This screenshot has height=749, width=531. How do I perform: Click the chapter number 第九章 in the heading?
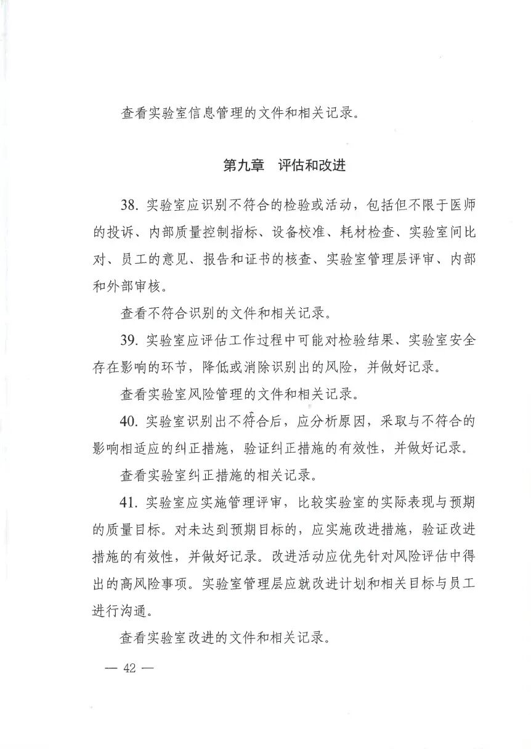[243, 166]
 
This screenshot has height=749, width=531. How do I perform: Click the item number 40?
[131, 422]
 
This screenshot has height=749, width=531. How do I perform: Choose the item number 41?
[131, 503]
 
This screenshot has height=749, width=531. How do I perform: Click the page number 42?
[129, 668]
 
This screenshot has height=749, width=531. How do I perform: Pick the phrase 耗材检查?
[370, 233]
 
